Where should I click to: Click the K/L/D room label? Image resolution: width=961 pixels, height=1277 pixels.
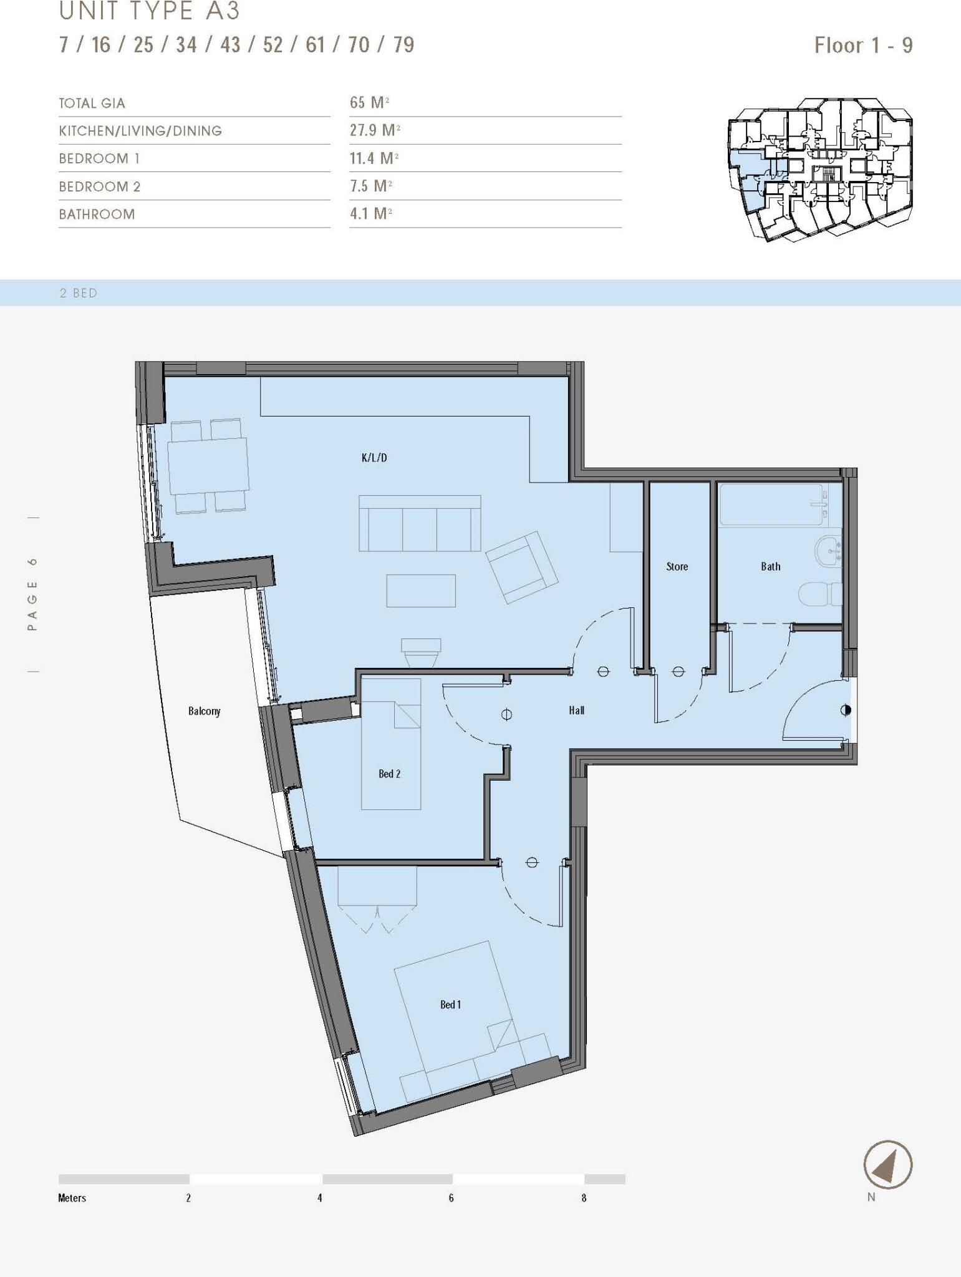374,458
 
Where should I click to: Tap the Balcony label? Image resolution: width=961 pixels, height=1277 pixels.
204,711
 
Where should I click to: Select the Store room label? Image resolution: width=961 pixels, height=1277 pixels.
677,566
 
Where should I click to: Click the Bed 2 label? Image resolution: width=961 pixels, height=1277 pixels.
389,774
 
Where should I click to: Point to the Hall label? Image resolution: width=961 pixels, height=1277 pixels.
576,710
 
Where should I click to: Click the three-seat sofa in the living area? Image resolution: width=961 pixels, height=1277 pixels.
419,524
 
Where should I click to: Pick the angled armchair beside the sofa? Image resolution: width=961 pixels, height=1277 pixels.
521,567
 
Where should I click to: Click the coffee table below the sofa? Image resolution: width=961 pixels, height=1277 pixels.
420,590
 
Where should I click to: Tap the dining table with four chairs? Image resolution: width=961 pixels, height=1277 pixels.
208,466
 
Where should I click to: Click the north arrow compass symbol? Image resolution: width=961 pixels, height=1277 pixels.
887,1164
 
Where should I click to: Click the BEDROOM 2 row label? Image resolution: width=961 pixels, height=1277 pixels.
100,186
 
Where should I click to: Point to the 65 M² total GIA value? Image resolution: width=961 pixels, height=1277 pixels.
369,103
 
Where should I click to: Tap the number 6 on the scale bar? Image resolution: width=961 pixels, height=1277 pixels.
451,1198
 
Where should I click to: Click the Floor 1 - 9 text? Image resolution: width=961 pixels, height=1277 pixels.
863,46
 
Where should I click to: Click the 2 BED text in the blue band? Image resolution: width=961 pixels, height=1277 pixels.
79,293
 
